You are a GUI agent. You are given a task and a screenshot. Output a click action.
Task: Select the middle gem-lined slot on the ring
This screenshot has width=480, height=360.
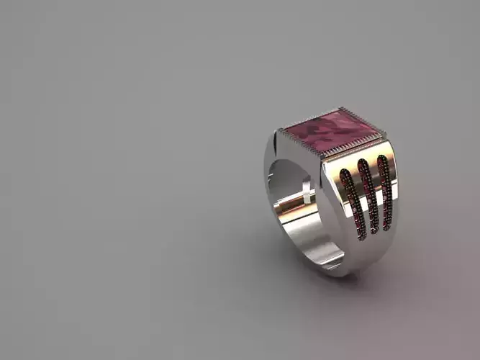click(x=367, y=198)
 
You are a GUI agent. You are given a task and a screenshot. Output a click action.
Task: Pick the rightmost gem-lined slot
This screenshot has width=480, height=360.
click(x=385, y=193)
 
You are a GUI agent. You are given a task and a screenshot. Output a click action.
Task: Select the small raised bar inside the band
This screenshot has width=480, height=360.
click(x=307, y=189)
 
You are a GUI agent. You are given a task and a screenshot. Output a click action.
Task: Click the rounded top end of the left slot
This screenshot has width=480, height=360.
click(x=345, y=172)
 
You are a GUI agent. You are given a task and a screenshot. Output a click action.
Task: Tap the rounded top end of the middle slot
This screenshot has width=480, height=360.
click(x=364, y=163)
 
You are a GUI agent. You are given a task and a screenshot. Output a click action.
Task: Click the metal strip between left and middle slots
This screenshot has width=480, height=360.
click(x=358, y=202)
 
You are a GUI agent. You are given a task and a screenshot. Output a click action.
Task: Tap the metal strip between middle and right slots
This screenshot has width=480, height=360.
click(x=376, y=196)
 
